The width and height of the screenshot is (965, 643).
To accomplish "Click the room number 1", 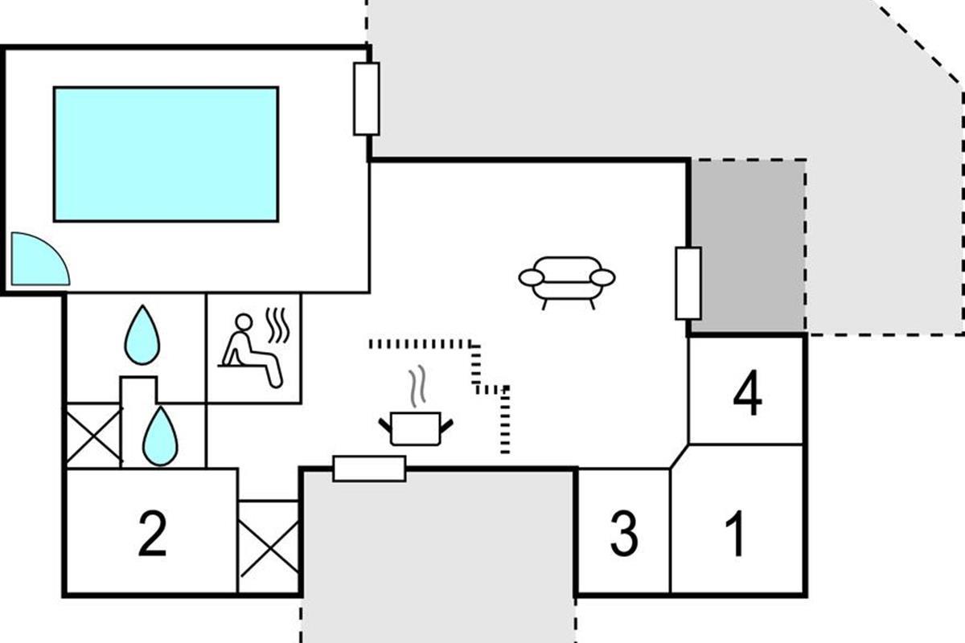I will tap(735, 534).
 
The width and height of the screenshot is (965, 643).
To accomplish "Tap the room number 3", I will tap(624, 534).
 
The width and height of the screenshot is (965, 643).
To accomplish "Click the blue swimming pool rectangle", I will tap(166, 154).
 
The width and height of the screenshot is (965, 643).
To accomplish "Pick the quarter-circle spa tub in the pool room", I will tap(35, 262).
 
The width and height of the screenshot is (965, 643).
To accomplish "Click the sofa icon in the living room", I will tap(567, 281).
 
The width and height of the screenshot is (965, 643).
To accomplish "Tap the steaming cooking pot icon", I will tap(416, 427).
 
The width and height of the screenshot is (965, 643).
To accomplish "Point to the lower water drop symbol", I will tap(160, 436).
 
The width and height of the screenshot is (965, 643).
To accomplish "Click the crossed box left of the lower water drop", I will tap(92, 435).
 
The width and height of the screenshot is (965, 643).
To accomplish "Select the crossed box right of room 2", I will tap(269, 547).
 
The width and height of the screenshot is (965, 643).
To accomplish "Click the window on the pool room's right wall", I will tap(367, 99).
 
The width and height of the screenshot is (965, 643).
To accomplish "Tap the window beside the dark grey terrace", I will tap(688, 283).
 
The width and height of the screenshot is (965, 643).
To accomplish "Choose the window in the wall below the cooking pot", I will tap(369, 468).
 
